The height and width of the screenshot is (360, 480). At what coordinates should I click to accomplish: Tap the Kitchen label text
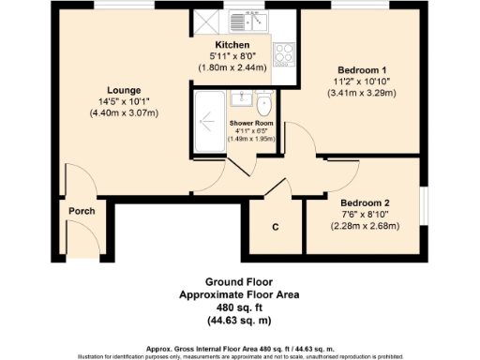[x=232, y=45]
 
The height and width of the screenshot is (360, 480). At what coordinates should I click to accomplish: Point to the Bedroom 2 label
[x=365, y=202]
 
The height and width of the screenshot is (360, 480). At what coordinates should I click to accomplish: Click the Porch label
[x=82, y=211]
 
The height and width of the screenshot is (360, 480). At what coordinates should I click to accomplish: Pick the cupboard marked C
[x=276, y=227]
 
